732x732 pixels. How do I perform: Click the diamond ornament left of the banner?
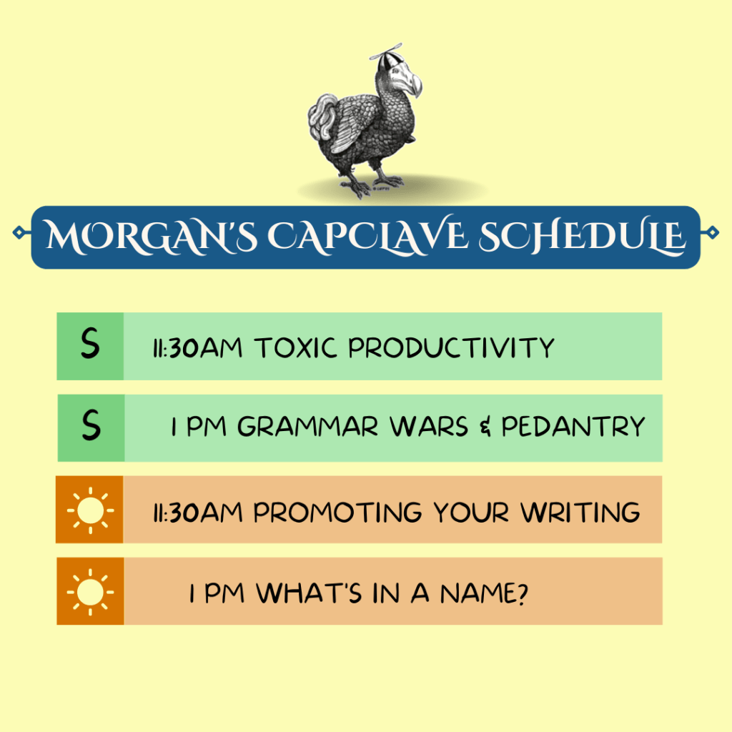click(19, 232)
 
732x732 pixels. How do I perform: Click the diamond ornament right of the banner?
click(711, 232)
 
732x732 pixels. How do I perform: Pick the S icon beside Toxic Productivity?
click(90, 345)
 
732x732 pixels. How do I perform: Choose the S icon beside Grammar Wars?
click(91, 427)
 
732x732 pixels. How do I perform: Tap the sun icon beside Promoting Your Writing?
click(90, 510)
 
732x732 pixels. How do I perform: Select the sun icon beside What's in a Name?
click(90, 591)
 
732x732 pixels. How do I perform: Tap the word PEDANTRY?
click(573, 427)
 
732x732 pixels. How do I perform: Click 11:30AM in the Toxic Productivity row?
click(198, 348)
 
